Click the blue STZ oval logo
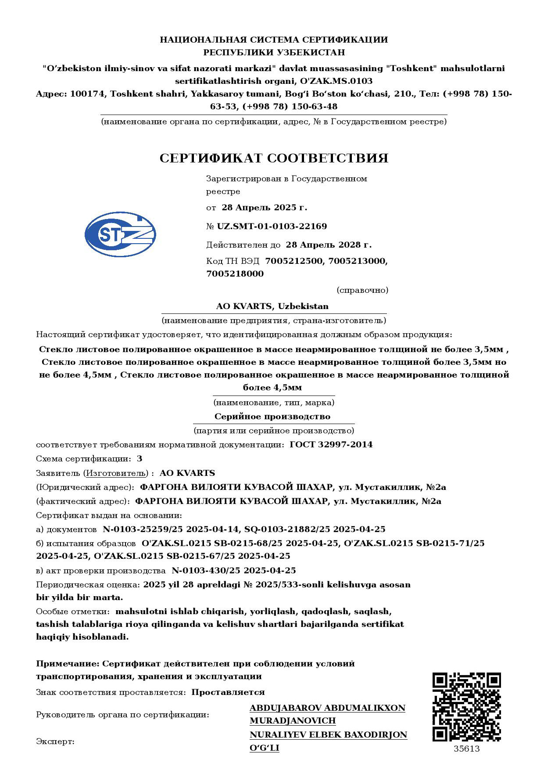click(x=120, y=234)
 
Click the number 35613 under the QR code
click(x=466, y=749)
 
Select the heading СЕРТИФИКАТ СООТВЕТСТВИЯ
click(x=274, y=158)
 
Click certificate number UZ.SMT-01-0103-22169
click(x=272, y=227)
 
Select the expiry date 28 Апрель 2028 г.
click(x=329, y=245)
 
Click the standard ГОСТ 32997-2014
click(x=331, y=445)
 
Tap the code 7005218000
click(x=235, y=274)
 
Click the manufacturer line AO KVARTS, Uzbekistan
click(x=272, y=306)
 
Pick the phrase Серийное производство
click(x=272, y=417)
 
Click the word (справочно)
click(x=362, y=290)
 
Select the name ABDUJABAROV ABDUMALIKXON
click(x=327, y=708)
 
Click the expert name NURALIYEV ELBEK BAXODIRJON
click(x=328, y=735)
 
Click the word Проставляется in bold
click(x=228, y=692)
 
